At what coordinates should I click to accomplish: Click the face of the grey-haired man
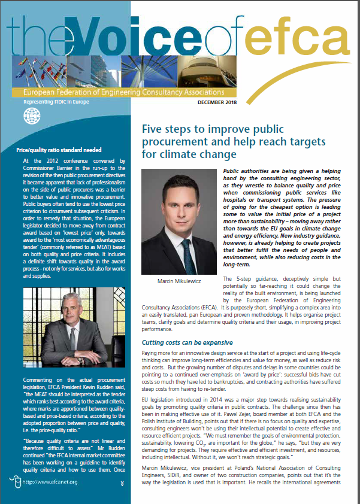(60, 304)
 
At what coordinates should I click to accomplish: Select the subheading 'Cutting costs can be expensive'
(186, 343)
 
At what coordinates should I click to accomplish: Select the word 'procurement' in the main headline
(174, 142)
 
